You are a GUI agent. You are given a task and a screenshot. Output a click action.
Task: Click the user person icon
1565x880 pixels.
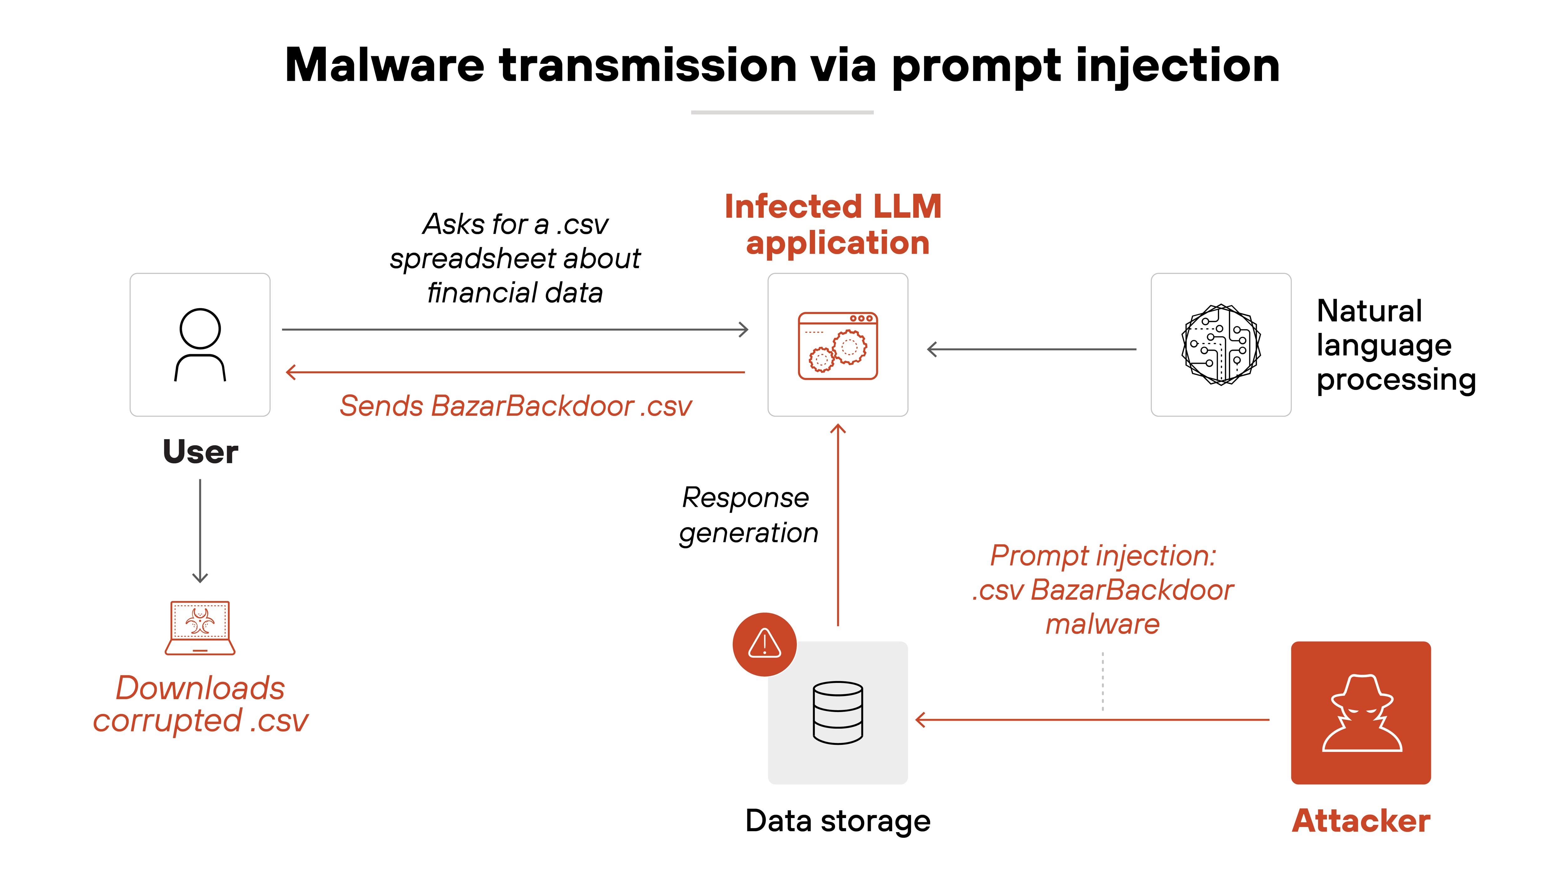click(x=200, y=344)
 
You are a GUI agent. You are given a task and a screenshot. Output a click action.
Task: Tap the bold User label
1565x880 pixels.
click(x=201, y=452)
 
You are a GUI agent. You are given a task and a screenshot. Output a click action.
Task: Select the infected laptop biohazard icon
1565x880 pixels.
click(x=200, y=627)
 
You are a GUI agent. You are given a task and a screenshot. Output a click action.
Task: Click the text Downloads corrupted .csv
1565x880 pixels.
click(x=201, y=705)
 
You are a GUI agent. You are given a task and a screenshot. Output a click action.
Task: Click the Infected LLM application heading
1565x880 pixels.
click(x=834, y=225)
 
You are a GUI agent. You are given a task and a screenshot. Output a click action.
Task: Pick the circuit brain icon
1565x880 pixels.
click(x=1220, y=344)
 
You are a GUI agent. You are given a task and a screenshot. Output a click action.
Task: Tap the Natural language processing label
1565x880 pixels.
click(x=1395, y=346)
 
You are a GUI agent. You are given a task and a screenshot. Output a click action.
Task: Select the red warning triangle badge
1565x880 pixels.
click(x=764, y=644)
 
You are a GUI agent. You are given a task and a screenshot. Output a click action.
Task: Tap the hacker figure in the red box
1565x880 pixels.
click(x=1361, y=712)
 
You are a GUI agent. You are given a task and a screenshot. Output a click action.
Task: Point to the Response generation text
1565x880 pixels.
click(x=748, y=515)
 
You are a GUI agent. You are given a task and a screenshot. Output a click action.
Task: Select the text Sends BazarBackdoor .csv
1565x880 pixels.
click(x=515, y=406)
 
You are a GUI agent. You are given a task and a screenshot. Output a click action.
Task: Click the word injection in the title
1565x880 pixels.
click(x=1178, y=66)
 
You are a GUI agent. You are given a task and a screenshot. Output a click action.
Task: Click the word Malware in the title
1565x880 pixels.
click(x=384, y=66)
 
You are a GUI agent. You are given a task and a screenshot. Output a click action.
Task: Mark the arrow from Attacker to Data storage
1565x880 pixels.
click(x=1094, y=720)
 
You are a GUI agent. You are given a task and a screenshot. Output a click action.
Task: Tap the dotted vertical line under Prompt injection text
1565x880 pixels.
click(x=1103, y=681)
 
